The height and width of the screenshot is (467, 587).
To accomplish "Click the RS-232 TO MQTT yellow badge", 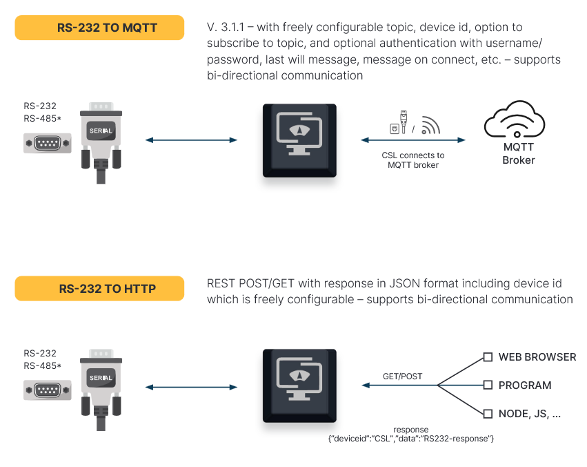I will [99, 28].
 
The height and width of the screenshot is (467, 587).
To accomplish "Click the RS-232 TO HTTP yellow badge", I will [99, 289].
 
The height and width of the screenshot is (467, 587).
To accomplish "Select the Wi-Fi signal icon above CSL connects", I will [431, 126].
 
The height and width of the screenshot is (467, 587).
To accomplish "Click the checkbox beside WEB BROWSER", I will [488, 357].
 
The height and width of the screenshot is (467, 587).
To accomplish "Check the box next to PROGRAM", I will [488, 385].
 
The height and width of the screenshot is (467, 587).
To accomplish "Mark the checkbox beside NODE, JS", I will [488, 414].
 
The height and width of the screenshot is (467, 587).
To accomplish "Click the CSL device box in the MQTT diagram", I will [299, 140].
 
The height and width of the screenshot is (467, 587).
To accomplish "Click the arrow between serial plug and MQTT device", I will [191, 140].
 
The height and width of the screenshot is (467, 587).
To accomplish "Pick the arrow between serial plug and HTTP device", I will [191, 387].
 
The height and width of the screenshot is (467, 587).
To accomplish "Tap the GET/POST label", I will [402, 377].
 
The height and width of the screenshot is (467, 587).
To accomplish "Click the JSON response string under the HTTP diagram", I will [411, 439].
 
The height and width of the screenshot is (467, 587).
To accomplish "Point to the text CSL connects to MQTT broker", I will [413, 160].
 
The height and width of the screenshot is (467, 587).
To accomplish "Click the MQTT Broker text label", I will [518, 153].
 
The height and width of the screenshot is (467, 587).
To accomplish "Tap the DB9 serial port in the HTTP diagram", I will [48, 390].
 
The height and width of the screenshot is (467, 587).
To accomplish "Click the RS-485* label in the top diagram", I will [42, 119].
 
